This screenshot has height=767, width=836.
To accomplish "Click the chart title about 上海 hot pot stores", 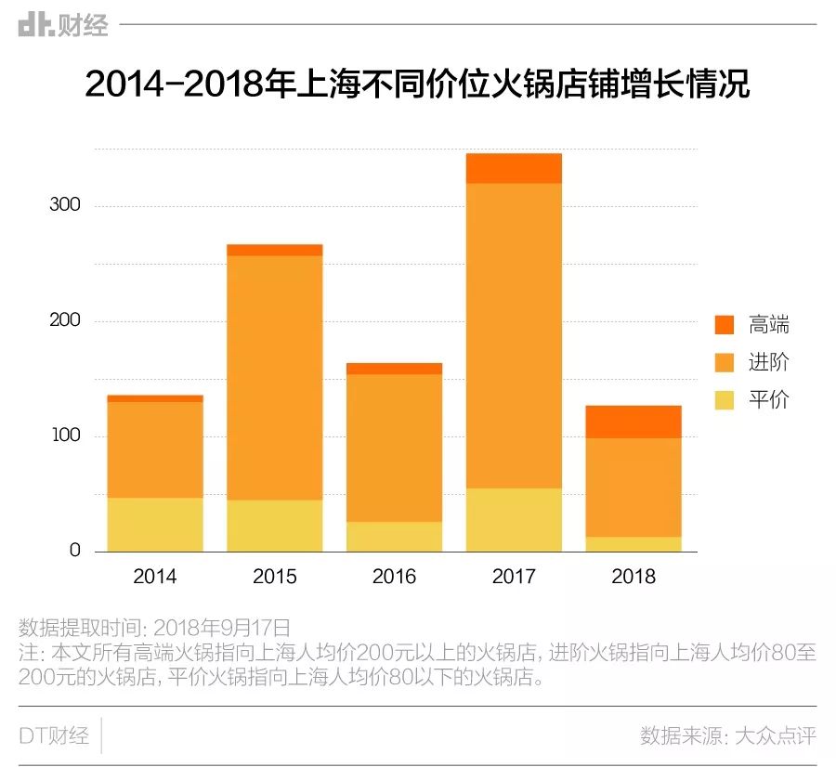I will pyautogui.click(x=417, y=84).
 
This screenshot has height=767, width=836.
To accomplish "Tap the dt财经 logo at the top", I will pyautogui.click(x=63, y=25).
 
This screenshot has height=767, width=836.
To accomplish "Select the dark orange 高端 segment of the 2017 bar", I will pyautogui.click(x=514, y=168).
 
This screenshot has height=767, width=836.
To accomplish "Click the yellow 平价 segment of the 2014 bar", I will pyautogui.click(x=155, y=525).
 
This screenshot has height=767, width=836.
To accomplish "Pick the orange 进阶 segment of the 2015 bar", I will pyautogui.click(x=274, y=377).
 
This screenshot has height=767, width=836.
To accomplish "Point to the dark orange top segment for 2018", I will pyautogui.click(x=634, y=422).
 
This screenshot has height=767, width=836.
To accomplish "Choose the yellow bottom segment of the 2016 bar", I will pyautogui.click(x=394, y=537).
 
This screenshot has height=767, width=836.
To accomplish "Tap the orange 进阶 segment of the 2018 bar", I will pyautogui.click(x=634, y=487).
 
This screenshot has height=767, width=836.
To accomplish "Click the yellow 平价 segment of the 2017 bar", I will pyautogui.click(x=514, y=520).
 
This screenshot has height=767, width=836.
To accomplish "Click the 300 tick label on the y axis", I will pyautogui.click(x=65, y=205).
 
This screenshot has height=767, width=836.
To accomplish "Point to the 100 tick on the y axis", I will pyautogui.click(x=65, y=435).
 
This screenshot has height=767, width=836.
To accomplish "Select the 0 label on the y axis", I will pyautogui.click(x=75, y=551).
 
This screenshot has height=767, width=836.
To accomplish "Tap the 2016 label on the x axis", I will pyautogui.click(x=394, y=577).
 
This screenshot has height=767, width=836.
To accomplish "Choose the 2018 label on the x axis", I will pyautogui.click(x=634, y=577).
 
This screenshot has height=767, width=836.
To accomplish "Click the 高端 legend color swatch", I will pyautogui.click(x=725, y=325).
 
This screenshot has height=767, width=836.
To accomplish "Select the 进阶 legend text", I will pyautogui.click(x=768, y=362).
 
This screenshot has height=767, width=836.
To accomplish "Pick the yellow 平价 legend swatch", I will pyautogui.click(x=725, y=400).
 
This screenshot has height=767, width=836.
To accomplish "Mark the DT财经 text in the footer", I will pyautogui.click(x=54, y=736).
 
